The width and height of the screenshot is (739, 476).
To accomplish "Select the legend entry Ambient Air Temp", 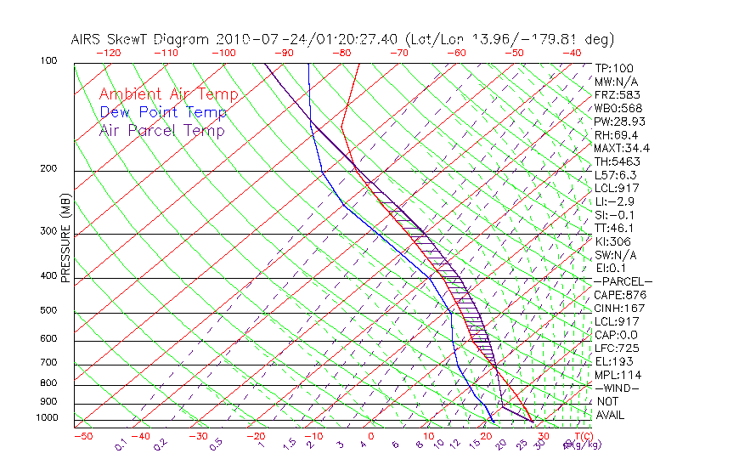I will coord(168,94).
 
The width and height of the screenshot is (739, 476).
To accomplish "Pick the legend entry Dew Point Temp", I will coord(162,112).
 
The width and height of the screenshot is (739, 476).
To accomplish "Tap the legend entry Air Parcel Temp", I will coord(161,130).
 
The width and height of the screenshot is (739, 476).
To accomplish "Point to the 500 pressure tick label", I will coord(48,311).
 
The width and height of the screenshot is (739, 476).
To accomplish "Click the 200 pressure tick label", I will coord(48,169).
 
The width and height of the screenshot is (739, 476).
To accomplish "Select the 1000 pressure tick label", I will coord(46,417).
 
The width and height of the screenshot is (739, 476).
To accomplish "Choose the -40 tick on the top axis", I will coord(572,53).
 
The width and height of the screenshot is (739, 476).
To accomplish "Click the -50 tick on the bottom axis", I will coord(82,436).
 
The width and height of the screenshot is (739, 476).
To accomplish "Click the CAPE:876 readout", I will coord(618,295).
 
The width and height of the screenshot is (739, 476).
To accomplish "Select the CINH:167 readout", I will coord(618,309).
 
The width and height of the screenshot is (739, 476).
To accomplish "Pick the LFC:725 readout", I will coord(616,348).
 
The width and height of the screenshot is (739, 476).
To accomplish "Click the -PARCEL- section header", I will coord(623,281).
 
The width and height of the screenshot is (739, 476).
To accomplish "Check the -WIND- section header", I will coord(618,388).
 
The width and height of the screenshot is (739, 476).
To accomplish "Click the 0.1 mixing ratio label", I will coord(121,443).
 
